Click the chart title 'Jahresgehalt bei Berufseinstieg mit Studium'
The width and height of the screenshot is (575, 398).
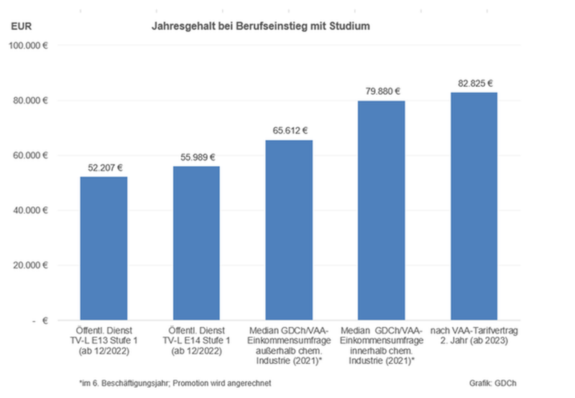click(260, 27)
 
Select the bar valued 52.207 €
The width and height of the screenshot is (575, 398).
click(103, 248)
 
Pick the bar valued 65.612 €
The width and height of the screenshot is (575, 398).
click(289, 230)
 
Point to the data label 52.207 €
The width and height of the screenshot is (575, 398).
click(103, 167)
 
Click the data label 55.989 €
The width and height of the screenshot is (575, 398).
click(196, 157)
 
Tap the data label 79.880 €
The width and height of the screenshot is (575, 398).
click(382, 91)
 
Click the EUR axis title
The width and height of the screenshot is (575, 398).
click(21, 27)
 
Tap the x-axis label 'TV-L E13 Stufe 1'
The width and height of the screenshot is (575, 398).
click(103, 339)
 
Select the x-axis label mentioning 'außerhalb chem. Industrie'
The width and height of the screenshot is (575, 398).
click(289, 344)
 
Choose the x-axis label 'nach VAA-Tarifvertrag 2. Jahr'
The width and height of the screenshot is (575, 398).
click(474, 334)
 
